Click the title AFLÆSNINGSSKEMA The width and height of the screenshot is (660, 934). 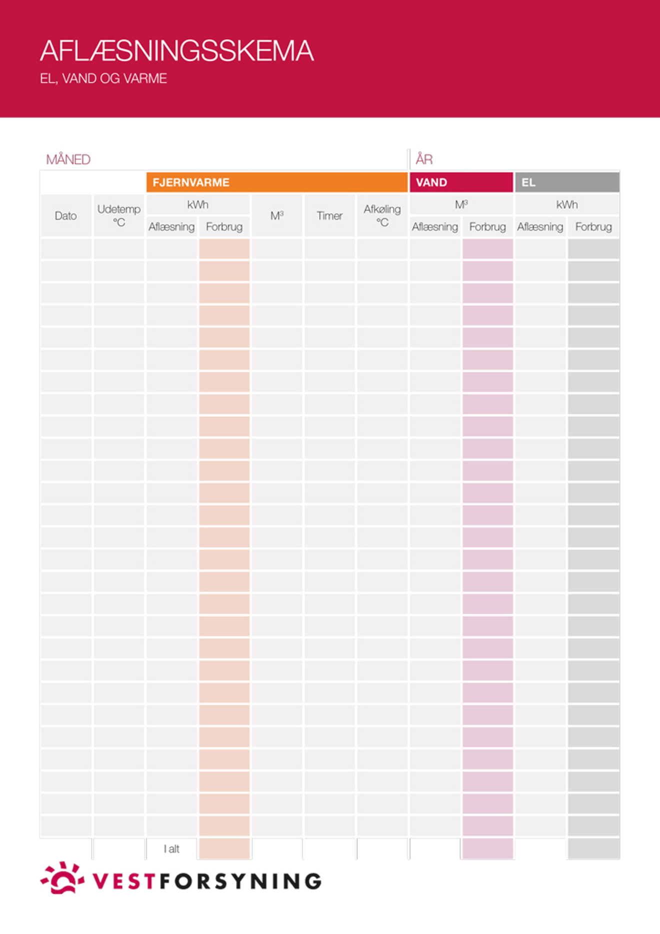[176, 51]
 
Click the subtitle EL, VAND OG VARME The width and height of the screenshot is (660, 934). [103, 79]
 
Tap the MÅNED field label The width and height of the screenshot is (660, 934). [68, 160]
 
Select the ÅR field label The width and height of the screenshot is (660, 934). [424, 160]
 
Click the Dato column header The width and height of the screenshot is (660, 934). [65, 216]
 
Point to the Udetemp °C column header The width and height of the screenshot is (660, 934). [118, 216]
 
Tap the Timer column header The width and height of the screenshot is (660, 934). [329, 216]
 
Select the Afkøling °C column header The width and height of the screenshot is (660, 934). [382, 216]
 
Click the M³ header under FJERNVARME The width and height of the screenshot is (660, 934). [277, 216]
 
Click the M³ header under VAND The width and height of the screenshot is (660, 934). [461, 205]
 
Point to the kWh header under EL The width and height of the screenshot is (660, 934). [567, 205]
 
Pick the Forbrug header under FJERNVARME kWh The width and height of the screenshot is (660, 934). [224, 227]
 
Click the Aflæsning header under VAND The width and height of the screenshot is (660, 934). [434, 227]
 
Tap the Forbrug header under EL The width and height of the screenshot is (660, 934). [593, 227]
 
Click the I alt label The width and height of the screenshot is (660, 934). [171, 849]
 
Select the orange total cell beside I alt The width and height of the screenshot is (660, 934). [224, 849]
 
